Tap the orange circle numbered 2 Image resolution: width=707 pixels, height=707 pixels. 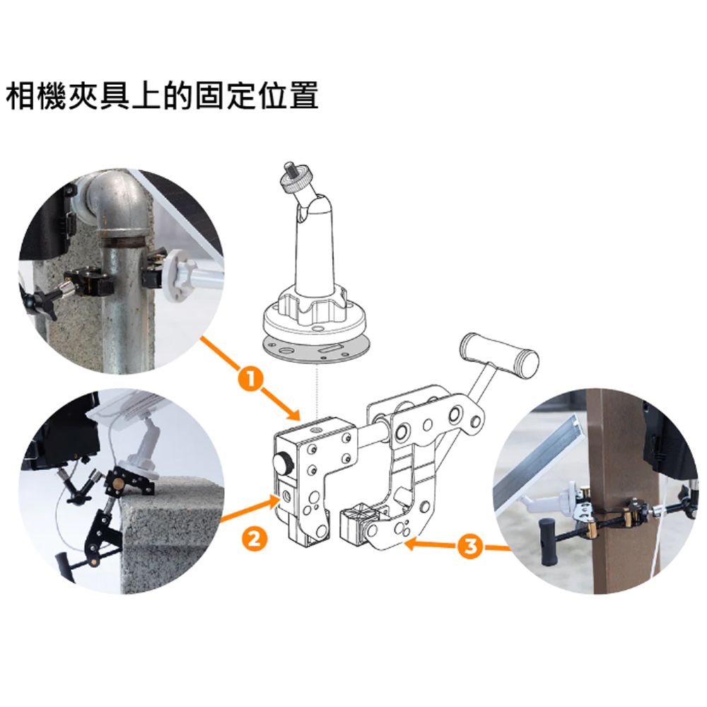point(255,538)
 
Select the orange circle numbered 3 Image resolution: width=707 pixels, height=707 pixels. point(470,547)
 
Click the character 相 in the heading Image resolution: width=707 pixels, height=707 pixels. point(21,96)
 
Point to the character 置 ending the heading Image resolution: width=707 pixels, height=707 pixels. point(304,96)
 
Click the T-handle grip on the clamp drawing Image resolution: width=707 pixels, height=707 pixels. point(498,356)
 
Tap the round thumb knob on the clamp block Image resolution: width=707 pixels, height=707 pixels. point(283,463)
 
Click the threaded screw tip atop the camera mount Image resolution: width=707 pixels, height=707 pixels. point(288,170)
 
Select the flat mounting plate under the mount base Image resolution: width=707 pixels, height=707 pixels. point(315,350)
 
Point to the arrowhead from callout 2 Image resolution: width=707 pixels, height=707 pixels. point(273,501)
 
